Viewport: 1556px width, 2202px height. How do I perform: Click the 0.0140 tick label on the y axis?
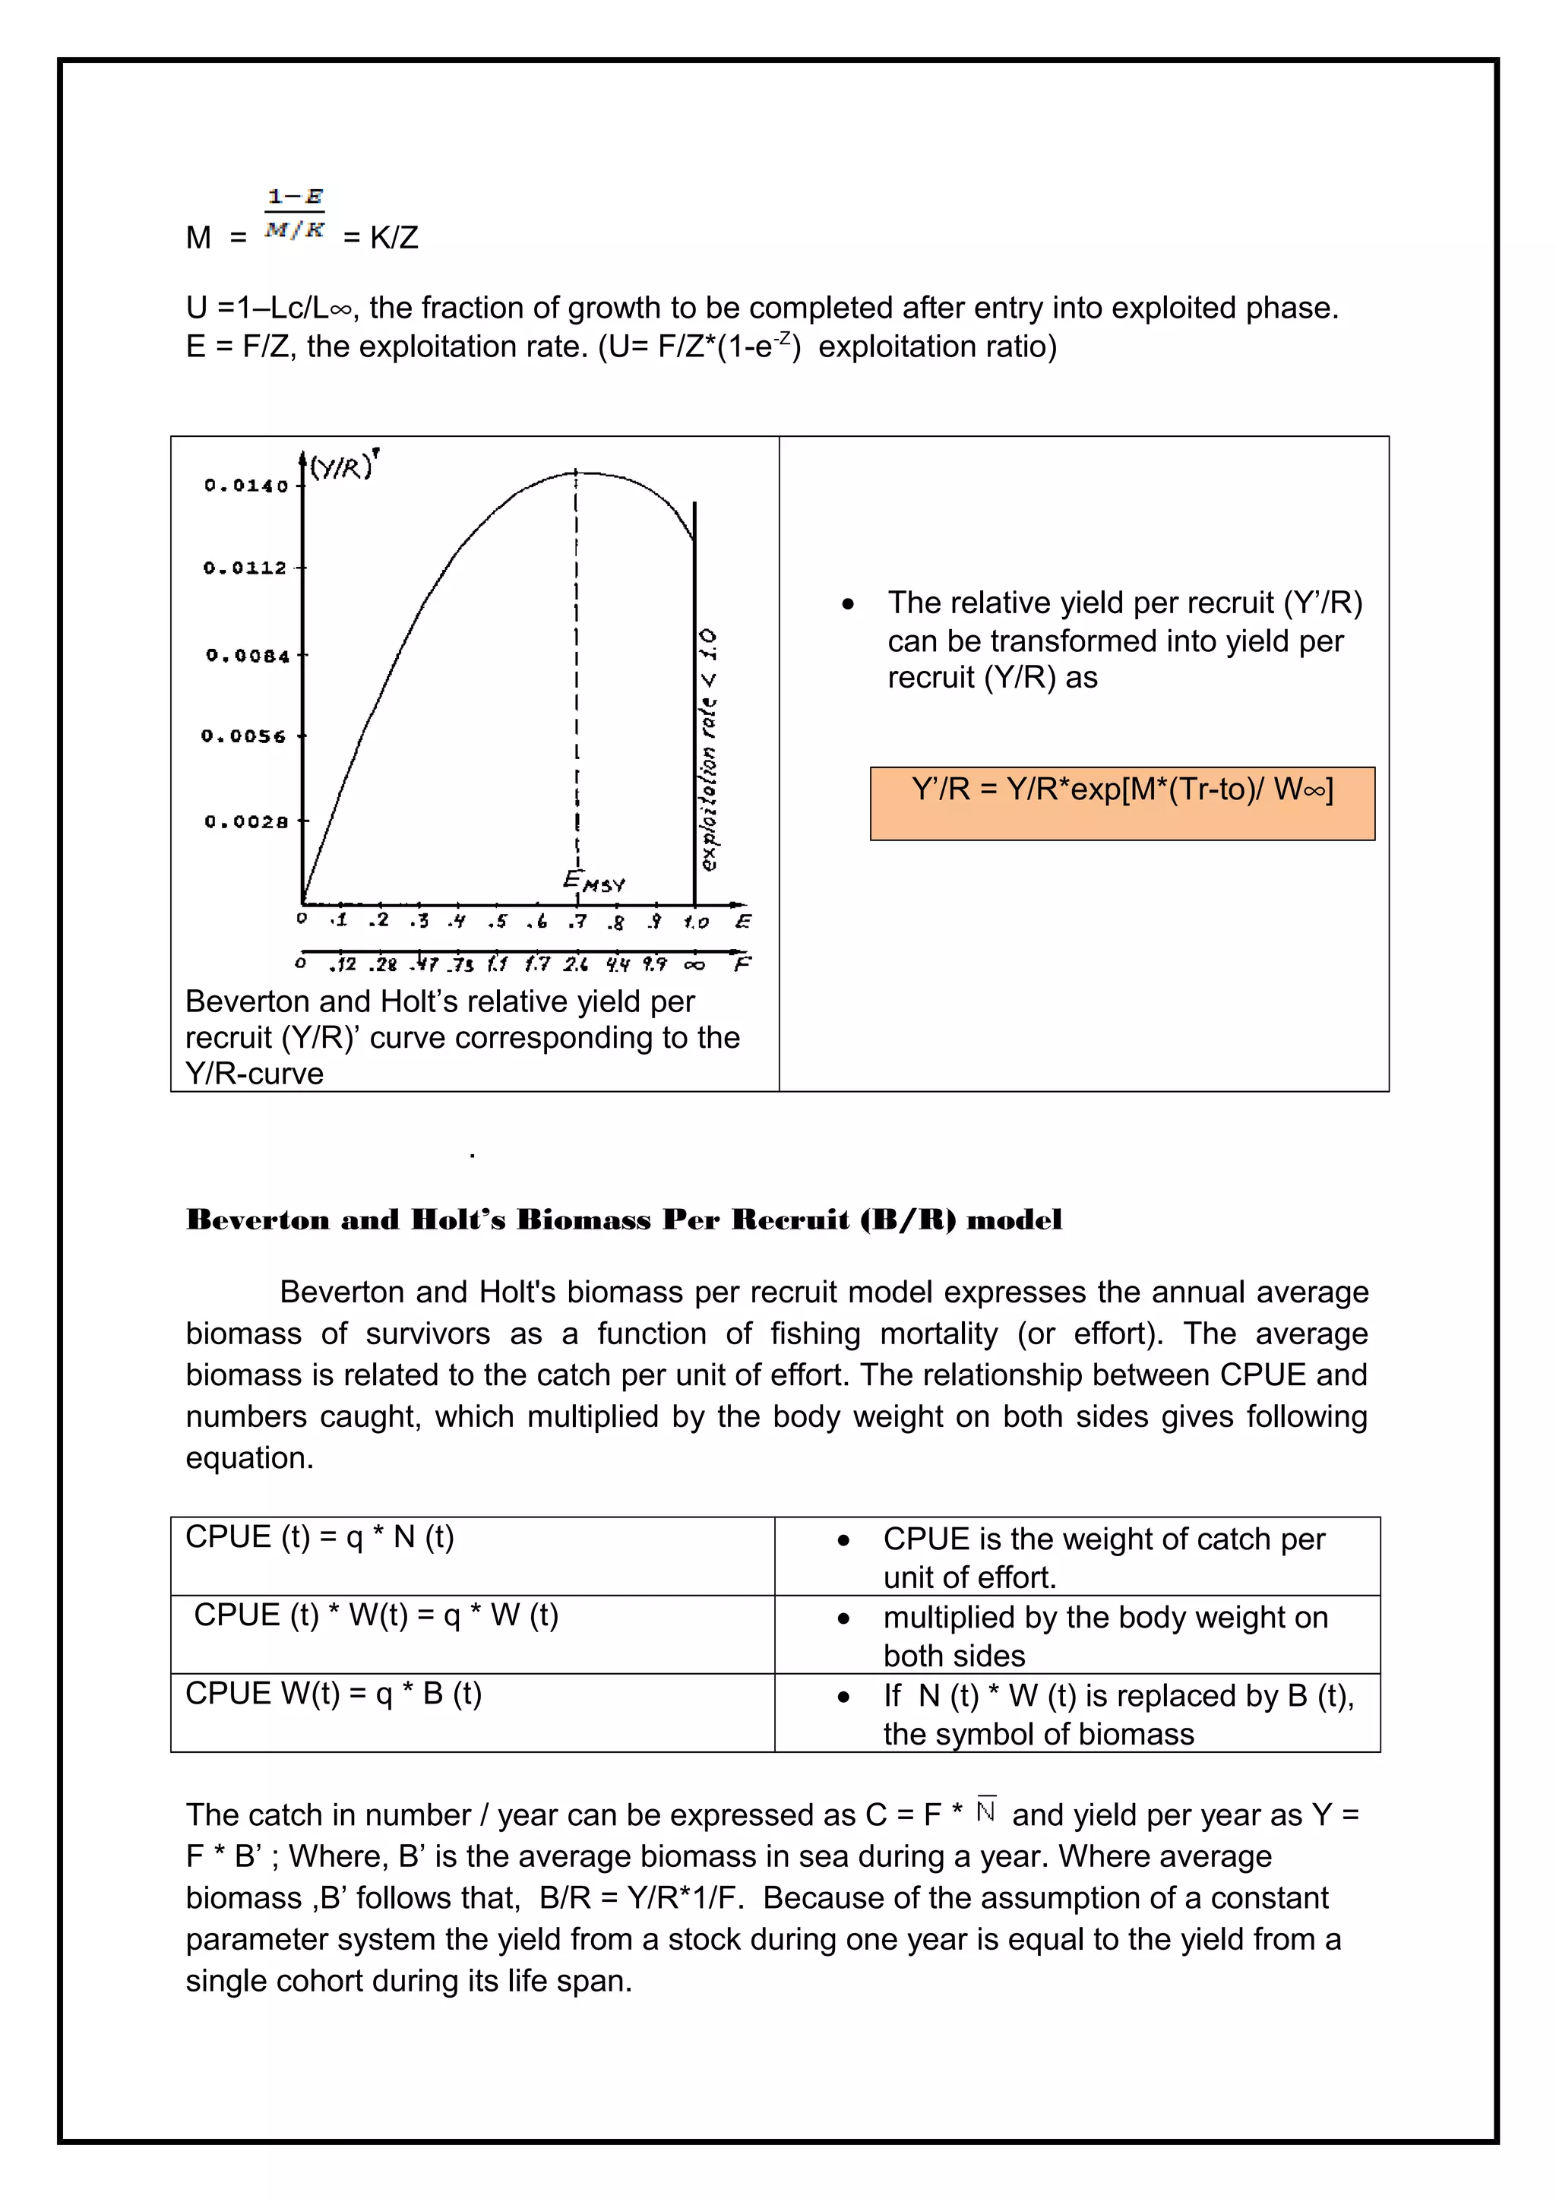[245, 486]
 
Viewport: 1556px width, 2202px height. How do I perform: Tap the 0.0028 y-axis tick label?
[245, 822]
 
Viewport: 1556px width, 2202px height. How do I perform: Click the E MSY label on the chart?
[593, 881]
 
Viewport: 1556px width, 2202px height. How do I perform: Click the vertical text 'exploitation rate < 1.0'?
[709, 749]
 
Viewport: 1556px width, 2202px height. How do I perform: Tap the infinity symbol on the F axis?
[695, 964]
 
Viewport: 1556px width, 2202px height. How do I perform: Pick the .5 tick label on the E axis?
[497, 922]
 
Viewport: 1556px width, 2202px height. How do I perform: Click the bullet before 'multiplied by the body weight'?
[843, 1620]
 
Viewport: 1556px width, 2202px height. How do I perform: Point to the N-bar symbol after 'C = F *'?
[986, 1810]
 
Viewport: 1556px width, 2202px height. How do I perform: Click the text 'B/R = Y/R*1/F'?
[640, 1898]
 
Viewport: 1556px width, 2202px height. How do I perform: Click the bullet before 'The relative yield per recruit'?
[847, 604]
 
